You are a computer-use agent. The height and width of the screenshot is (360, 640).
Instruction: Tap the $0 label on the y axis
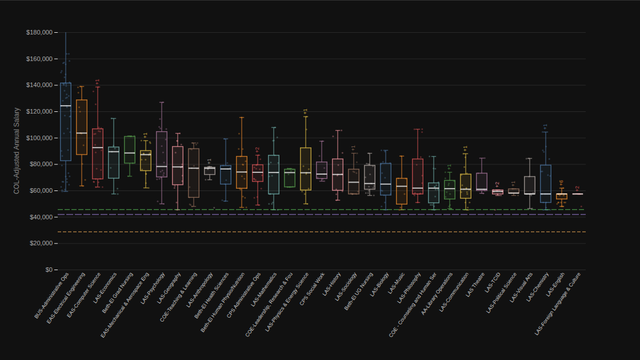tap(47, 270)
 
